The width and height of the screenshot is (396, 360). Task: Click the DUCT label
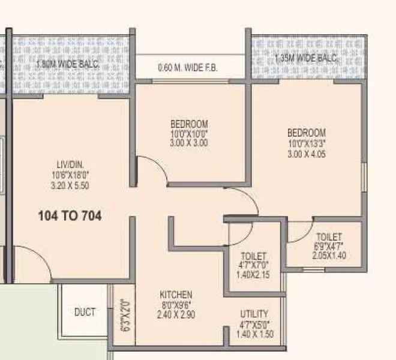(x=85, y=312)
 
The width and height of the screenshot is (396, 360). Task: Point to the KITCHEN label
(x=176, y=295)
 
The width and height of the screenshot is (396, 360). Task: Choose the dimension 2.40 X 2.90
(x=176, y=314)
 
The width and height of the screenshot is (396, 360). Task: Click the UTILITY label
(x=254, y=314)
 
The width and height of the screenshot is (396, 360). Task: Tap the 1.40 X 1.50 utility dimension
(x=254, y=334)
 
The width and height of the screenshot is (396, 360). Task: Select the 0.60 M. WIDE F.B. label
(x=188, y=68)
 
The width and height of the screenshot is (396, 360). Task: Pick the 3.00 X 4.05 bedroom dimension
(x=306, y=153)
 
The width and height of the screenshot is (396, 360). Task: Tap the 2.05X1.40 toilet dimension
(x=329, y=256)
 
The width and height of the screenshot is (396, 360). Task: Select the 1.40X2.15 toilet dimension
(x=253, y=275)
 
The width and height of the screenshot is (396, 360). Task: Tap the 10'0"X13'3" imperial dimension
(x=306, y=143)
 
